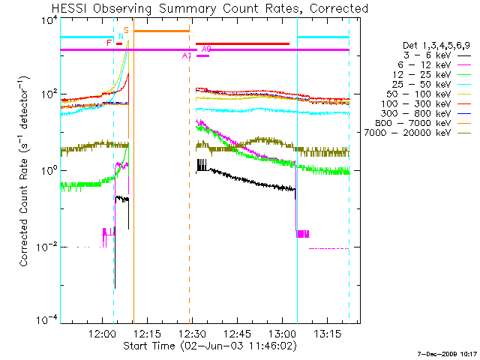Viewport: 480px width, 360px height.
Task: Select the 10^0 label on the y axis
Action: [46, 171]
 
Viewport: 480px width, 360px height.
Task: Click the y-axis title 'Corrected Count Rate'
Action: [24, 171]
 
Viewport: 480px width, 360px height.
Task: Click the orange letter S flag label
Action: [126, 30]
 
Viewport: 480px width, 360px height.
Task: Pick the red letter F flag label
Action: [109, 43]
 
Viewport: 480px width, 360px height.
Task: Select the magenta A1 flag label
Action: [187, 55]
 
